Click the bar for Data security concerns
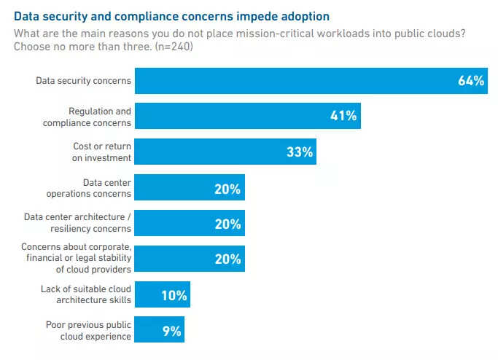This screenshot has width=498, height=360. [292, 81]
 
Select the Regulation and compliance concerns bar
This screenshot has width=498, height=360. [248, 116]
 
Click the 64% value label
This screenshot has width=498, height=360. [471, 81]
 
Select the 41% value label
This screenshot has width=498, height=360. [343, 116]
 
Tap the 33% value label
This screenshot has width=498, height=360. [299, 152]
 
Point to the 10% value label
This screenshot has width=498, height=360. [174, 295]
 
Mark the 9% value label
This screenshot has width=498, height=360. [171, 330]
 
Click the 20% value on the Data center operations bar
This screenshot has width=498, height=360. [227, 188]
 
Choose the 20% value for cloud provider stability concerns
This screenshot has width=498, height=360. [227, 259]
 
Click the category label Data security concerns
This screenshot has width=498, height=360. [83, 81]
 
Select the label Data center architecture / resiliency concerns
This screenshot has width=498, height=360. [77, 222]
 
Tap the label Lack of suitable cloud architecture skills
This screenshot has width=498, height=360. [86, 294]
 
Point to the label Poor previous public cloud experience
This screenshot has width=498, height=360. [88, 330]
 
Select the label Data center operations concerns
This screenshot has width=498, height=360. [88, 188]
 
